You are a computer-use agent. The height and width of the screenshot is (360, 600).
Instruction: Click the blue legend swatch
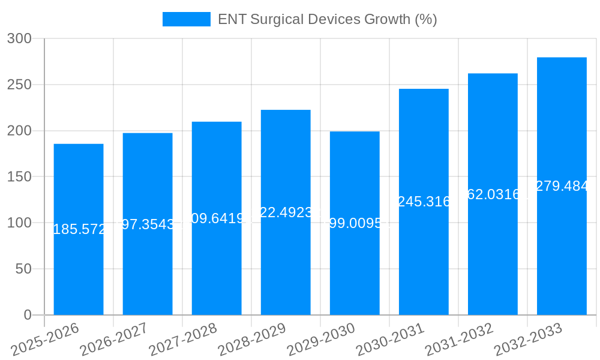click(187, 19)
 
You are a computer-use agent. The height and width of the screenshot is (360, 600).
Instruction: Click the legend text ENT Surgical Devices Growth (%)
click(327, 19)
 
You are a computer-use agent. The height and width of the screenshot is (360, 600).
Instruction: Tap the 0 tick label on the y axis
click(28, 315)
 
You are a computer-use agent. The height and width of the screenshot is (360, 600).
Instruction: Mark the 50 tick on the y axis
click(23, 269)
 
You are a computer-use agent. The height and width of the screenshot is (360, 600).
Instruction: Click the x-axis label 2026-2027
click(113, 340)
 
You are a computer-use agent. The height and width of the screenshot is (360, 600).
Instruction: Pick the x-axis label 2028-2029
click(251, 340)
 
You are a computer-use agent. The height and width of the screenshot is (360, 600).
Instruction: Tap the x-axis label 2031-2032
click(458, 340)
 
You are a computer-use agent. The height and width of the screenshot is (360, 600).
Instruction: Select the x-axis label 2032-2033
click(527, 340)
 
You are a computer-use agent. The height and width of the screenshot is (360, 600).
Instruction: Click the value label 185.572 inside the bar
click(79, 229)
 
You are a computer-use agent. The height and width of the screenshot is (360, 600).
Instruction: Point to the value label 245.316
click(424, 202)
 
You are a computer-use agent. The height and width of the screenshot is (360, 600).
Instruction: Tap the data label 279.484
click(562, 186)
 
